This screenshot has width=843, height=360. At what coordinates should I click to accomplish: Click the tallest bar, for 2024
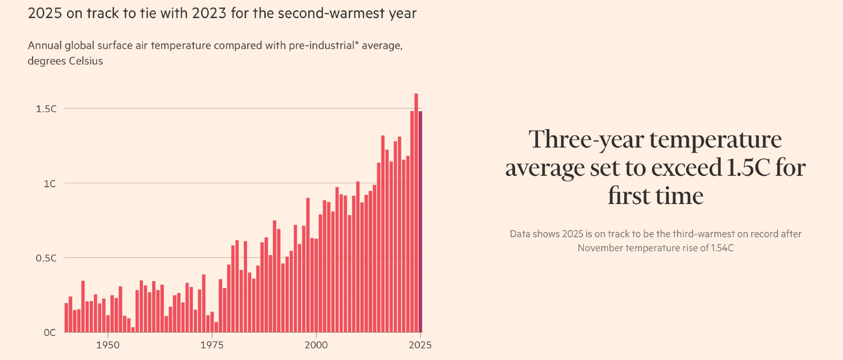(x=416, y=211)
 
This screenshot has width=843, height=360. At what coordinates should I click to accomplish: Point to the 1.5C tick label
(x=46, y=109)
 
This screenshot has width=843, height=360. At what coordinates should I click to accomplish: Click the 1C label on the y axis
(x=50, y=184)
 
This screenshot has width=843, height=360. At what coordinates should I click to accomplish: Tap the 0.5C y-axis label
(x=46, y=258)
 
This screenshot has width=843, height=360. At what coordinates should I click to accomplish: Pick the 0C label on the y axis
(x=50, y=333)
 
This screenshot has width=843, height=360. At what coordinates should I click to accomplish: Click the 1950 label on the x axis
(x=108, y=345)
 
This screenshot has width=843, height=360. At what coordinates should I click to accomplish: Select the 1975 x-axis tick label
(x=212, y=345)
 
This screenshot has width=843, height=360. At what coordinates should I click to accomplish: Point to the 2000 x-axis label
(x=316, y=345)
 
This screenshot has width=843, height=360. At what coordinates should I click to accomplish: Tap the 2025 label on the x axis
(x=420, y=345)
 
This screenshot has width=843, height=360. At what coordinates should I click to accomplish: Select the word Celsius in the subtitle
(x=86, y=61)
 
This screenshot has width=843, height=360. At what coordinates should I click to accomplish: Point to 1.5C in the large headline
(x=749, y=168)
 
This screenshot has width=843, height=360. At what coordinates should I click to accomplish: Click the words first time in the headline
(x=655, y=196)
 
